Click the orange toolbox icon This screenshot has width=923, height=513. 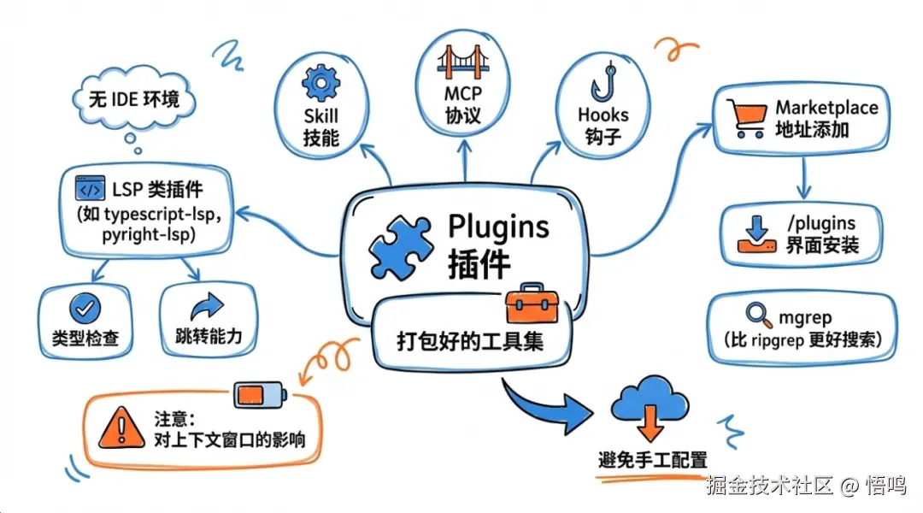point(531,304)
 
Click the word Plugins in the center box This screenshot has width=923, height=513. point(499,227)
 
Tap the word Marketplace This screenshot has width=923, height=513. point(826,108)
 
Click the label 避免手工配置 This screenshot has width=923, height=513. point(652,459)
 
